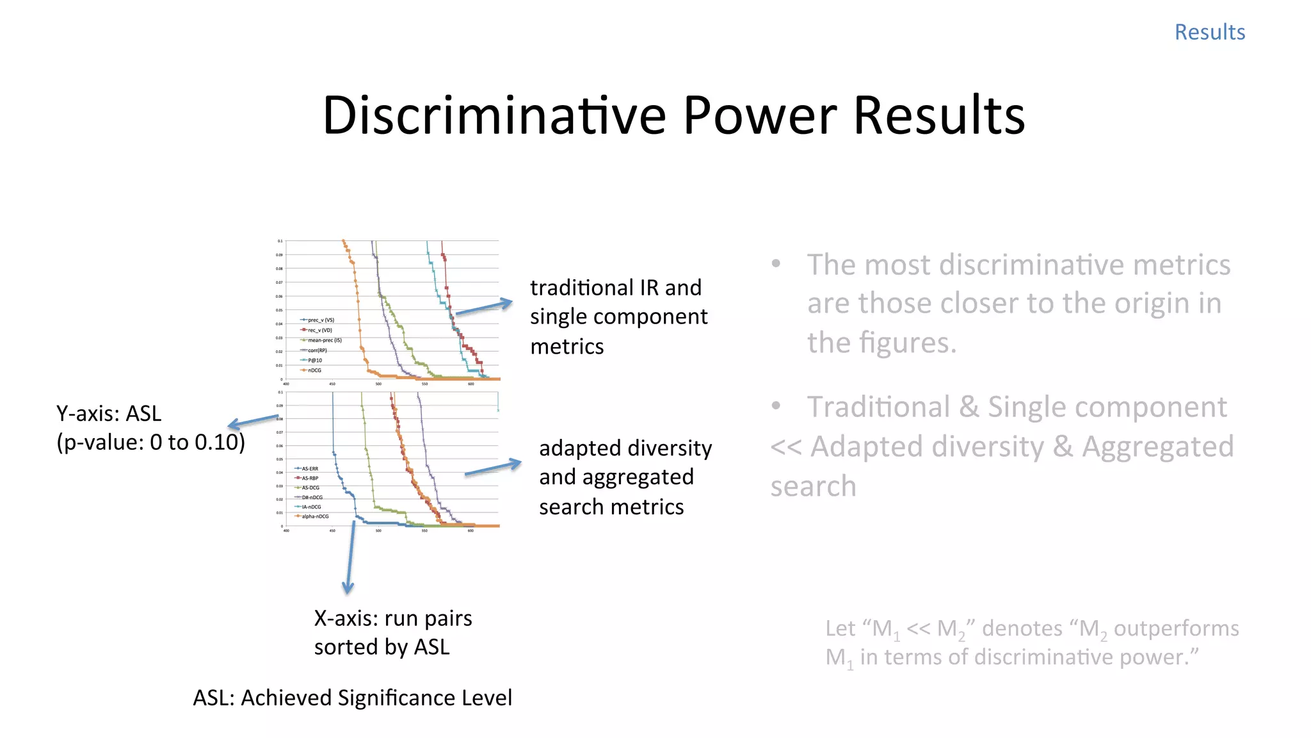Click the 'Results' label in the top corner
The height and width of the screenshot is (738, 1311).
coord(1209,32)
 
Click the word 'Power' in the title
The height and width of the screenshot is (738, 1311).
coord(760,115)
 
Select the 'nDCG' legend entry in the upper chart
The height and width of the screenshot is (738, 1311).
coord(314,370)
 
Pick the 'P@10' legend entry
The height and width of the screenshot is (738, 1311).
coord(314,360)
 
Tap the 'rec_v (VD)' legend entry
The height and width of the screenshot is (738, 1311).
coord(319,330)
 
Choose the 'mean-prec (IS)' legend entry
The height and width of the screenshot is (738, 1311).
coord(323,340)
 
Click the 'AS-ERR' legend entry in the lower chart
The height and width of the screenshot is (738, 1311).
coord(309,468)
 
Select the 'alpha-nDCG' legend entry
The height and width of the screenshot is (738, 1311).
coord(314,516)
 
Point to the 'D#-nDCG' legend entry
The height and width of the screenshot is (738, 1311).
coord(311,497)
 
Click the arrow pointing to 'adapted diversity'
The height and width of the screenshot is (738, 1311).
coord(493,468)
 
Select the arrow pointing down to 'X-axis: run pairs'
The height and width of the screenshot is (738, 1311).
coord(350,557)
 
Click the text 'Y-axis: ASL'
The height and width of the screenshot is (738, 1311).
coord(109,414)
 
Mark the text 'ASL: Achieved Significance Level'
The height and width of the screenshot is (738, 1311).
coord(352,698)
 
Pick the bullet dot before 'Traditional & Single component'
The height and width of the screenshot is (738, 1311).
coord(776,406)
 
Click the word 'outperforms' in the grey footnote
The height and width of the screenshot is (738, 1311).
coord(1176,628)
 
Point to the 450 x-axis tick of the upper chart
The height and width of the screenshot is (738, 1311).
coord(332,384)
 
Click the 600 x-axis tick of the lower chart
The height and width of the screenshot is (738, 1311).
coord(471,531)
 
